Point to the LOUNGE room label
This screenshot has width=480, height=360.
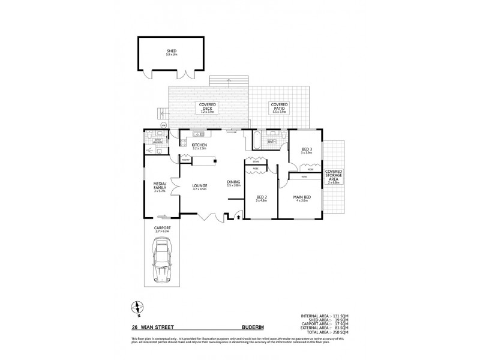pos(199,187)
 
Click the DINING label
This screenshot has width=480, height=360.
pos(233,183)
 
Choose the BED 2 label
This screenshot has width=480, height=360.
pos(261,197)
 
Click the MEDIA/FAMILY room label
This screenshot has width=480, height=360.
pos(159,186)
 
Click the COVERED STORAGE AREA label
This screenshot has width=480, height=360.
pos(334,176)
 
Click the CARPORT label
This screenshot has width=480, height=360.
pos(162,229)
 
